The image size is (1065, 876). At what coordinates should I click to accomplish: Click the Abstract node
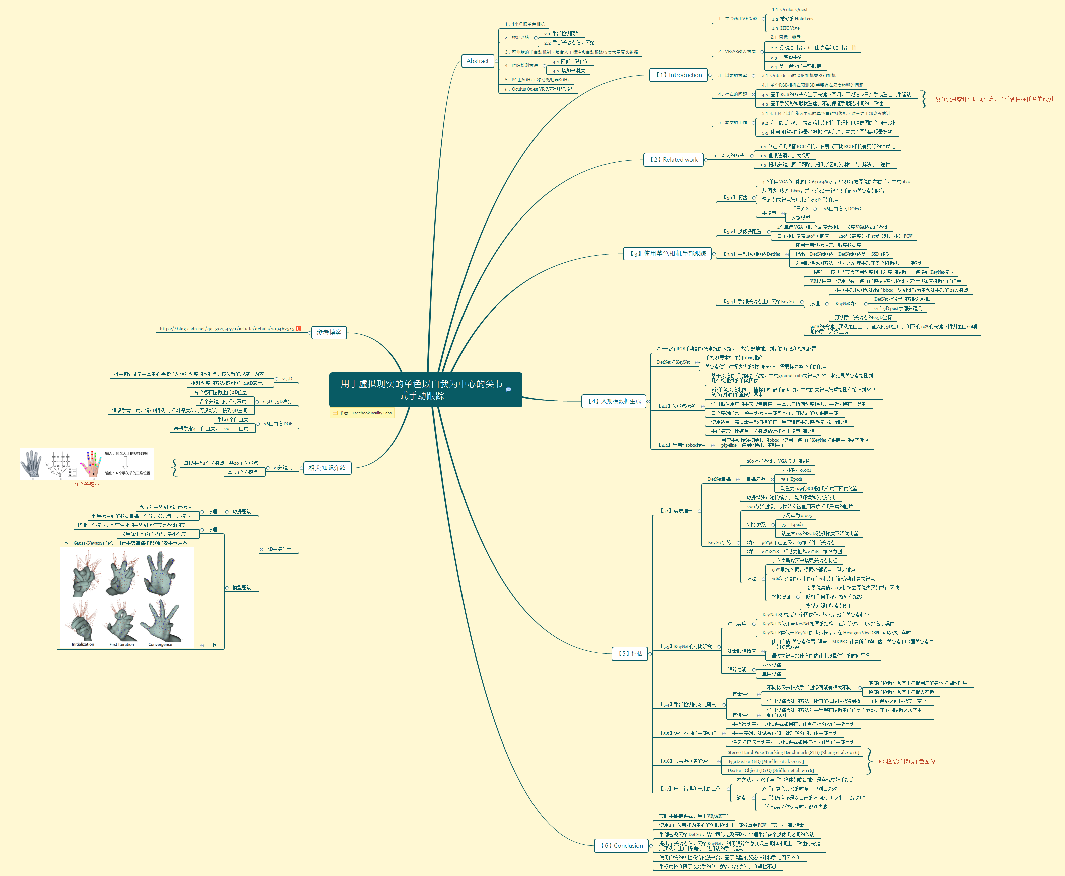(477, 61)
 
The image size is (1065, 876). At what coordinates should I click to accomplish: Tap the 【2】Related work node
(674, 160)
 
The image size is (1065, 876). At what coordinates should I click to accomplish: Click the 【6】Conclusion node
(622, 845)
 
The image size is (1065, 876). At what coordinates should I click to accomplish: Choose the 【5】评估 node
(630, 653)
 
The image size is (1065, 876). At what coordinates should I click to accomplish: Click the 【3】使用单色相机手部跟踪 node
(667, 253)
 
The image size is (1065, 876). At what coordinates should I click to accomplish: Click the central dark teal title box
(425, 389)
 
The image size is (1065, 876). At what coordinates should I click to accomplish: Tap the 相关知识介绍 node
(327, 468)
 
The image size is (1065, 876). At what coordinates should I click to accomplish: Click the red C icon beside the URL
(298, 329)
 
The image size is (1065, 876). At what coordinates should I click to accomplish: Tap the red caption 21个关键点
(86, 485)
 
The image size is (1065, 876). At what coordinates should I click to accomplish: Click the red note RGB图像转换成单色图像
(907, 762)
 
